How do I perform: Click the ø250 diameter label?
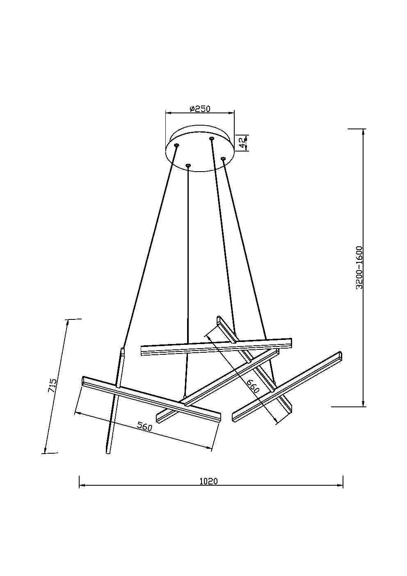tap(200, 109)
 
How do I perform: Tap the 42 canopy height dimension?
tap(242, 142)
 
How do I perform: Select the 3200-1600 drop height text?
tap(359, 268)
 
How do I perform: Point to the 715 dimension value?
tap(53, 386)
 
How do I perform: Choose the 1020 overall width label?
tap(208, 481)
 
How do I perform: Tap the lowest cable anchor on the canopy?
tap(188, 165)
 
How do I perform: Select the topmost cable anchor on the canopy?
tap(212, 139)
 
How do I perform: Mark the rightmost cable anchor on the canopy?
tap(223, 158)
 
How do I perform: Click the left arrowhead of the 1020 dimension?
tap(81, 486)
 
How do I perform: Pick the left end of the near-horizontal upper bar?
tap(142, 350)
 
